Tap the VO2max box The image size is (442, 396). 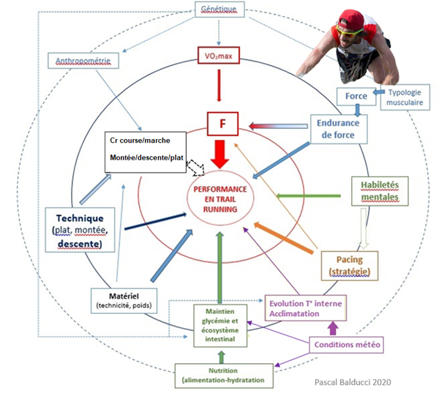218,56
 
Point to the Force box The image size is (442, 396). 351,96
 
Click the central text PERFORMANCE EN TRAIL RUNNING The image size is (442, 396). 219,198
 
